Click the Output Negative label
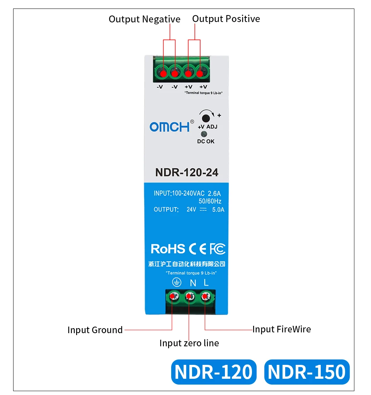[x=144, y=19]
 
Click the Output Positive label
[x=226, y=19]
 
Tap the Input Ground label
[x=95, y=330]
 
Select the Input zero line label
[x=189, y=343]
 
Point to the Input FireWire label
[x=281, y=329]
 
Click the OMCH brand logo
[x=170, y=127]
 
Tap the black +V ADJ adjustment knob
[x=206, y=118]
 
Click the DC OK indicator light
[x=204, y=134]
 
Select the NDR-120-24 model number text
[x=187, y=172]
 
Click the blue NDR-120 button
[x=214, y=372]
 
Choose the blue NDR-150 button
[x=306, y=372]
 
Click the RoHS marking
[x=168, y=249]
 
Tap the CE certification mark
[x=197, y=249]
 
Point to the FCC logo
[x=217, y=249]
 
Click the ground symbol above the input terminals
[x=176, y=283]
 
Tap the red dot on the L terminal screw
[x=204, y=297]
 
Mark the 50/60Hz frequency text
[x=210, y=201]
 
